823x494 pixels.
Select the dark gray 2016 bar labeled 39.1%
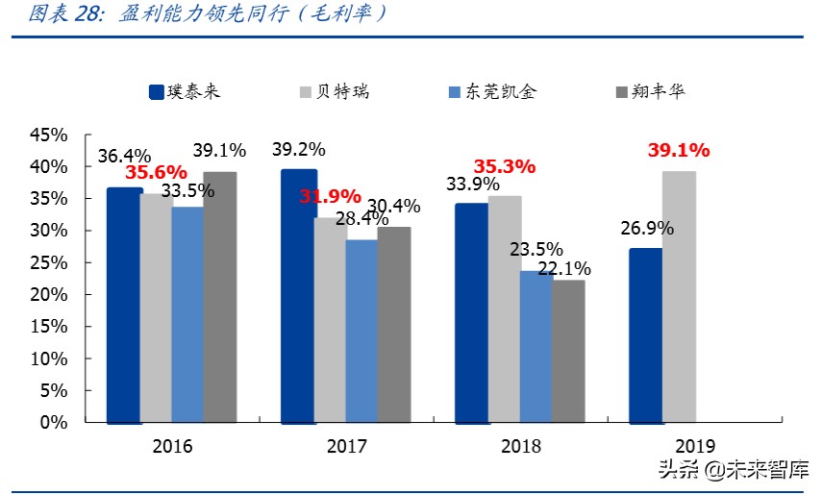coord(220,297)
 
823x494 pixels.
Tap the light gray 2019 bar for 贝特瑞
coord(679,297)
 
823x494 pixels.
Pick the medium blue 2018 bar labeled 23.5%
coord(536,346)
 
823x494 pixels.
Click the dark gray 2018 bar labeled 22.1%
coord(568,351)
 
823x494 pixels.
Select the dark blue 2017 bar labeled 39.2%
coord(298,296)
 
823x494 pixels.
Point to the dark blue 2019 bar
coord(645,335)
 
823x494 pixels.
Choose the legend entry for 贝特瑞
coord(333,92)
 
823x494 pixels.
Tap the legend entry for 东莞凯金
coord(491,92)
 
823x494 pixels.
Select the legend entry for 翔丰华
coord(648,92)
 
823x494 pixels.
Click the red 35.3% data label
coord(504,166)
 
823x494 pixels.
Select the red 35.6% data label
coord(156,173)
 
